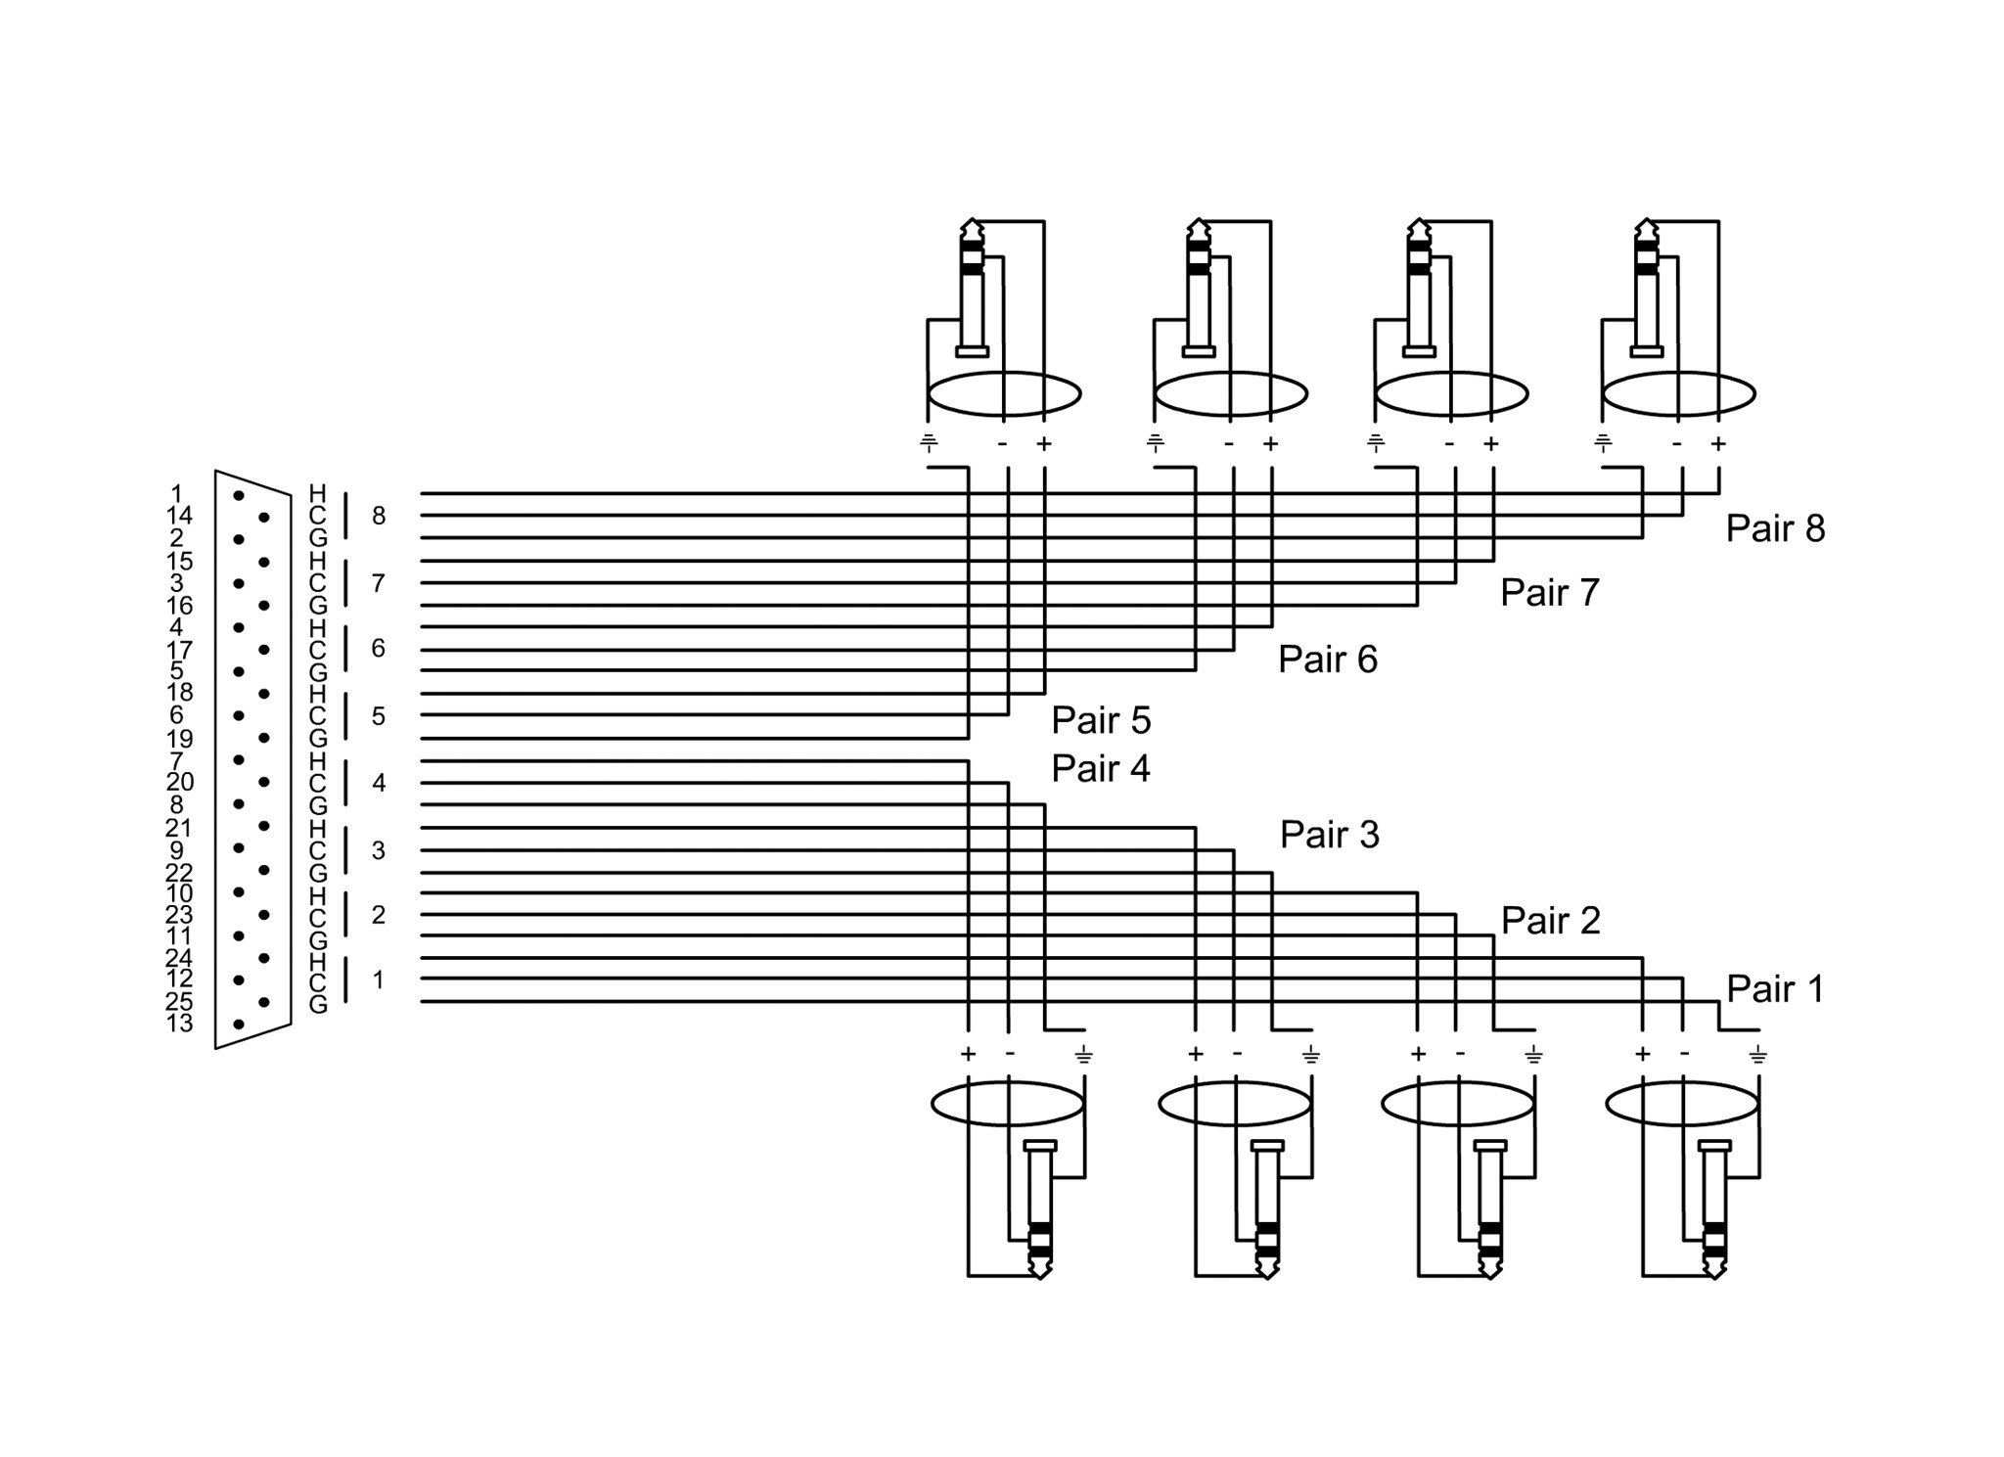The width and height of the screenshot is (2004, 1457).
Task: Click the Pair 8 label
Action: (x=1775, y=528)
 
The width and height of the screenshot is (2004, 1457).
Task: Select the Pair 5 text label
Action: (x=1101, y=720)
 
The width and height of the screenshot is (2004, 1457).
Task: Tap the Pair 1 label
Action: (x=1775, y=988)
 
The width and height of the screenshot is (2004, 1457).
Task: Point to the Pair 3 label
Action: (x=1330, y=835)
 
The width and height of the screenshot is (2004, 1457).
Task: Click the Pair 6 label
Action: (x=1328, y=660)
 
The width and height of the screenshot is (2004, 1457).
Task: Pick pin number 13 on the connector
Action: (x=180, y=1024)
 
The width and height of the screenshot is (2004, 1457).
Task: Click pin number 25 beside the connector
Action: (x=180, y=1001)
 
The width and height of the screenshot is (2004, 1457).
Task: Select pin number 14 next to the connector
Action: (x=180, y=516)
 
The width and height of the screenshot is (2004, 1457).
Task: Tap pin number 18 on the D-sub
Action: (x=180, y=692)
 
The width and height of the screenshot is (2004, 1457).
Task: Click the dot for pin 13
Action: (x=238, y=1024)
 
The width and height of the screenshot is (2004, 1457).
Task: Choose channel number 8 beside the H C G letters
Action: (x=379, y=516)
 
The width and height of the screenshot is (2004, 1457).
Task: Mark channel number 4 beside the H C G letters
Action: (x=379, y=783)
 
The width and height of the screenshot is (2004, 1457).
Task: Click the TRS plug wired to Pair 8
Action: (x=1647, y=288)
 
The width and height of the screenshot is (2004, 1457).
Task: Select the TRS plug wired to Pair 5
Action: (x=971, y=288)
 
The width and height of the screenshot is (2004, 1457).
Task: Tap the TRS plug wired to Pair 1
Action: (x=1714, y=1209)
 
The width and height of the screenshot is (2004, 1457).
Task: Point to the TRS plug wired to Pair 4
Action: (x=1039, y=1209)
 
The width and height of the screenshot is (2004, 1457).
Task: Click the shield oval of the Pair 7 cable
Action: (x=1451, y=373)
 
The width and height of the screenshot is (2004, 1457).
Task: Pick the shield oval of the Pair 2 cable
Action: (x=1458, y=1081)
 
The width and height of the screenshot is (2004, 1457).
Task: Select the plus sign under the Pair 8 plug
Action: (x=1718, y=443)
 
